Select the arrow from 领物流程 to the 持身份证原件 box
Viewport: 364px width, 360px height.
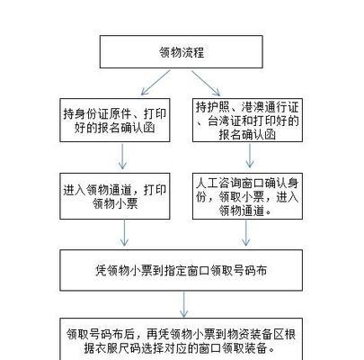coord(155,83)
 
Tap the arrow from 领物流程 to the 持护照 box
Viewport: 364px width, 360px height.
coord(206,83)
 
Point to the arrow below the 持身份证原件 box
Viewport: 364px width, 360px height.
coord(122,157)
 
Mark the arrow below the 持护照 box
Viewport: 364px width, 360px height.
coord(250,156)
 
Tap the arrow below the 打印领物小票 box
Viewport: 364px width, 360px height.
coord(124,233)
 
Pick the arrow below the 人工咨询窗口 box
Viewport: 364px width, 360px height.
coord(246,233)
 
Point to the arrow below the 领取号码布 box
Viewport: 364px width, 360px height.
coord(184,304)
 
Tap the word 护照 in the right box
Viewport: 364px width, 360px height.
coord(218,107)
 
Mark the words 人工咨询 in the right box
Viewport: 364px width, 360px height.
coord(218,183)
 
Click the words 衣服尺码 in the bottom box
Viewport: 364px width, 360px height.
coord(117,348)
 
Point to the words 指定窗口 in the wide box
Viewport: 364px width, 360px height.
coord(188,271)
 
